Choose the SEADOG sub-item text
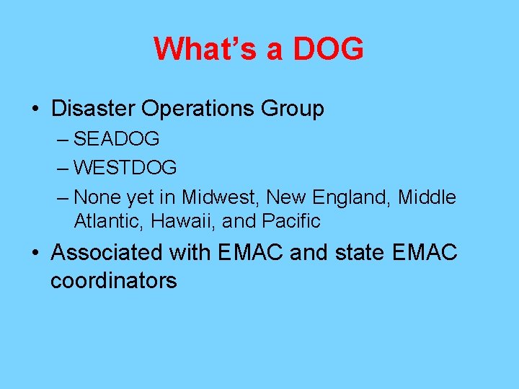point(116,138)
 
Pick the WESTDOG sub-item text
point(125,168)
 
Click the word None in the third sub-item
point(98,197)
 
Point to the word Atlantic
point(110,221)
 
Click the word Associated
point(107,253)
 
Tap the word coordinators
point(113,280)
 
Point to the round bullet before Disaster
point(35,109)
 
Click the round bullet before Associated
point(35,254)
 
